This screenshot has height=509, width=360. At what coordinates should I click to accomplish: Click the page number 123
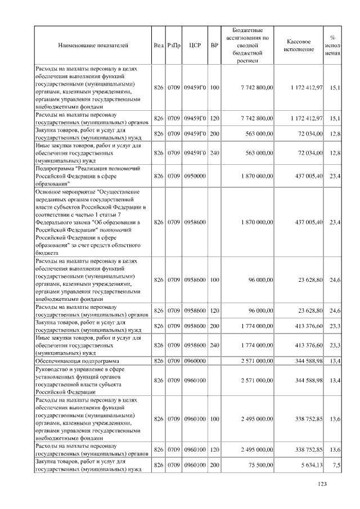click(x=322, y=485)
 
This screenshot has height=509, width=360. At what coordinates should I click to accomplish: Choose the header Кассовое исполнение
click(x=299, y=45)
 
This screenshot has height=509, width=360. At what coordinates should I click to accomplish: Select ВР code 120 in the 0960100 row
click(x=214, y=449)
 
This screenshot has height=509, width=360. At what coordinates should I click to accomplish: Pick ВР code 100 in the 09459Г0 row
click(x=214, y=88)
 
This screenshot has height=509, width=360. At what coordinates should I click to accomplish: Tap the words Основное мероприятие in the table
click(x=63, y=191)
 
